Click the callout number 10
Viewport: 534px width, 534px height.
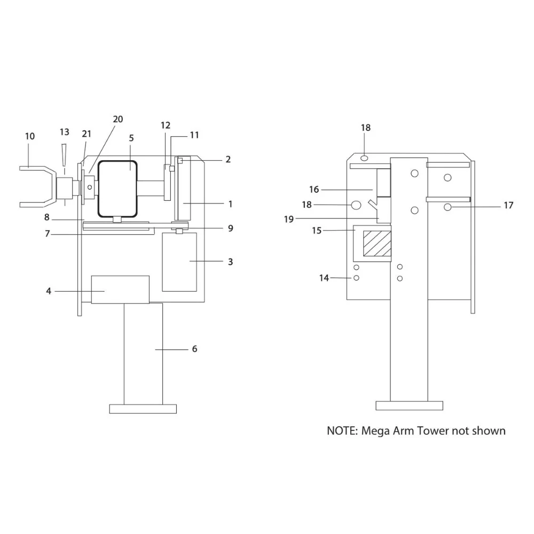pyautogui.click(x=30, y=136)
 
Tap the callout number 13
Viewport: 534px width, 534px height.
pyautogui.click(x=65, y=132)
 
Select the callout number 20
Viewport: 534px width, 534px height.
pyautogui.click(x=118, y=119)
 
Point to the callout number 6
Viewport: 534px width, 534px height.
pyautogui.click(x=194, y=349)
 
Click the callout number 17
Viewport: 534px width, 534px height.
pyautogui.click(x=508, y=205)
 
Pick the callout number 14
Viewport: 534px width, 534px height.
pyautogui.click(x=324, y=278)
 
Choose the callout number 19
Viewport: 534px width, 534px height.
pyautogui.click(x=289, y=219)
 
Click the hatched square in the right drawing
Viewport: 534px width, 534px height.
pyautogui.click(x=377, y=244)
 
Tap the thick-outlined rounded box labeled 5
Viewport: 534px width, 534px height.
pyautogui.click(x=117, y=189)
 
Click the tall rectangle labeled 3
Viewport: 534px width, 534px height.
pyautogui.click(x=179, y=262)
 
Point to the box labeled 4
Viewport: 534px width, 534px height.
pyautogui.click(x=120, y=289)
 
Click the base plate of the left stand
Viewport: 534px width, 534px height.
pyautogui.click(x=143, y=409)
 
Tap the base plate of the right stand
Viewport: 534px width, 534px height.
pyautogui.click(x=410, y=406)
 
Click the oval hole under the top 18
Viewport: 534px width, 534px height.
pyautogui.click(x=364, y=158)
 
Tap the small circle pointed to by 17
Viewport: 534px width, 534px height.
pyautogui.click(x=447, y=207)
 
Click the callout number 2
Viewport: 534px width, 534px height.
pyautogui.click(x=228, y=159)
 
